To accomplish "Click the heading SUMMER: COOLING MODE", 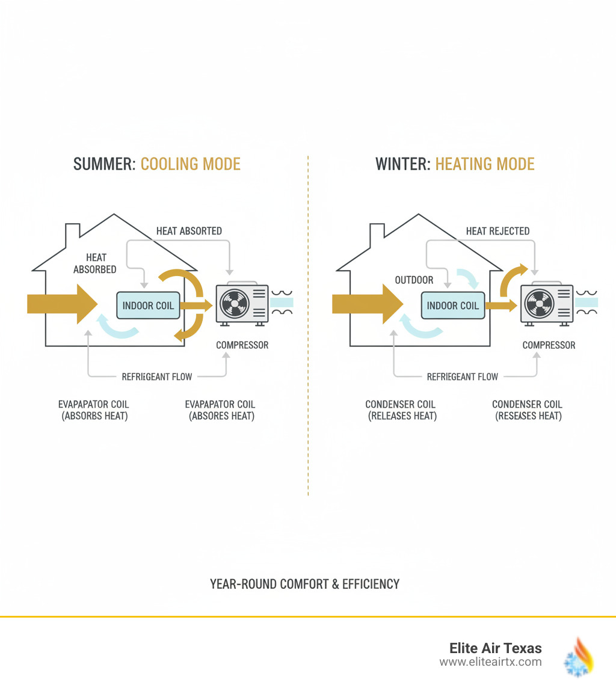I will [x=157, y=164].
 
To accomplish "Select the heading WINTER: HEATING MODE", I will [x=455, y=164].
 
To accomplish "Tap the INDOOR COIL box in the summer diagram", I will [x=148, y=306].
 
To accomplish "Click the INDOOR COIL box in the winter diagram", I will [x=452, y=306].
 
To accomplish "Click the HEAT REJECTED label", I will [x=497, y=231].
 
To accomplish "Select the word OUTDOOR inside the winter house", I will [x=414, y=280].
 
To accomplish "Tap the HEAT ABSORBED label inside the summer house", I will [x=95, y=263].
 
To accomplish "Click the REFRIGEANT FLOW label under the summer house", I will [x=156, y=377].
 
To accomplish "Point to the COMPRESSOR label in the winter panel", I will [x=549, y=345].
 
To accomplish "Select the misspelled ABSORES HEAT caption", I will [x=220, y=416].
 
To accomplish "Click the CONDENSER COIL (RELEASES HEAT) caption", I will [x=402, y=410].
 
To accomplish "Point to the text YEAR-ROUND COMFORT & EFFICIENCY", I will [x=304, y=583].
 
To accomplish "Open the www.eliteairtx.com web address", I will [x=490, y=662].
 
